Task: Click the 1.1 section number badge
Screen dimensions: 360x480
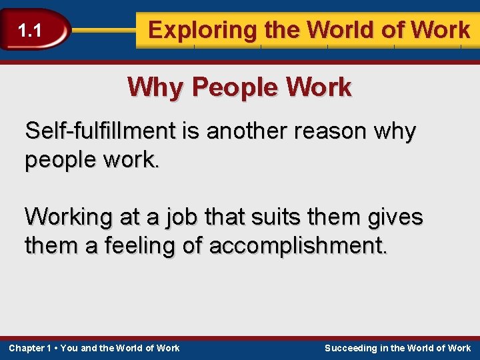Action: coord(30,30)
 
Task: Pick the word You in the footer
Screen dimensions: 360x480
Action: coord(69,348)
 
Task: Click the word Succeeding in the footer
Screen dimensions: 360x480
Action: coord(350,348)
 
